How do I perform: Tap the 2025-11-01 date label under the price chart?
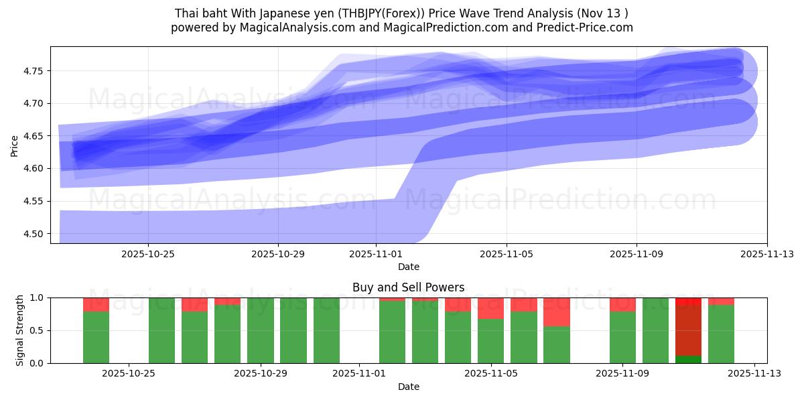376,255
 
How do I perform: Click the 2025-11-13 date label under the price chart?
767,255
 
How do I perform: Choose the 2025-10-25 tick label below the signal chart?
129,374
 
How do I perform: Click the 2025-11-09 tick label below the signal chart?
622,374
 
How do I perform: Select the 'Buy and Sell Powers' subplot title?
408,287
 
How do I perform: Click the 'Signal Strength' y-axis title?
20,330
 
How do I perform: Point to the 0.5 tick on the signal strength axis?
37,330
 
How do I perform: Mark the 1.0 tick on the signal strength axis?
37,297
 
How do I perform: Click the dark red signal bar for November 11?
688,328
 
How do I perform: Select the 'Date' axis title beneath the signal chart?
408,387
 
